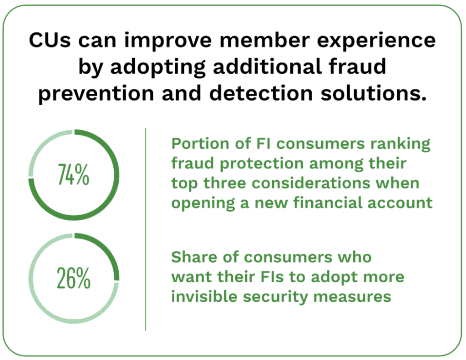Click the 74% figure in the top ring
pos(74,175)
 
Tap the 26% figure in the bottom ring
pos(74,279)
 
